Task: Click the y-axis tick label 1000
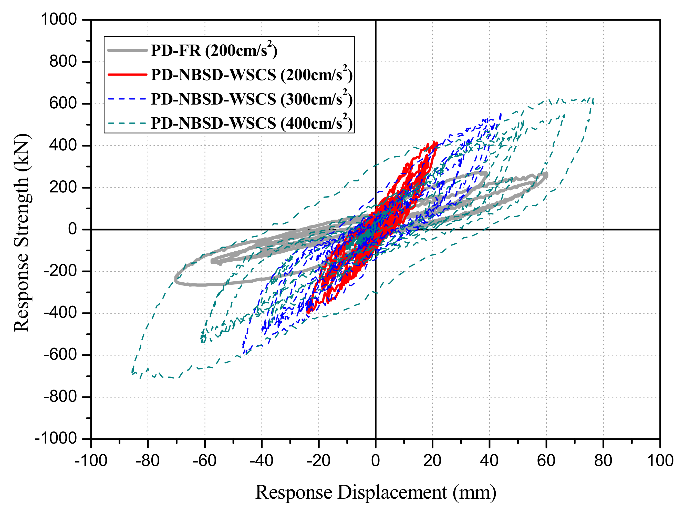tap(59, 19)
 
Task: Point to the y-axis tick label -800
tap(60, 397)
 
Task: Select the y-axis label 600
tap(63, 103)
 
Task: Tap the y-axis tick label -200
tap(60, 271)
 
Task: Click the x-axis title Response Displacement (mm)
tap(376, 492)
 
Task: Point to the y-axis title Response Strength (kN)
tap(22, 233)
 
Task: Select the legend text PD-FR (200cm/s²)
tap(214, 50)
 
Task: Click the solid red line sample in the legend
tap(127, 74)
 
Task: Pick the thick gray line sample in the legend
tap(127, 50)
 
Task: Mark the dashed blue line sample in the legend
tap(127, 99)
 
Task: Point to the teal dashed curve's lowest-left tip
tap(133, 372)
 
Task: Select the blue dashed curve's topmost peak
tap(501, 114)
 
